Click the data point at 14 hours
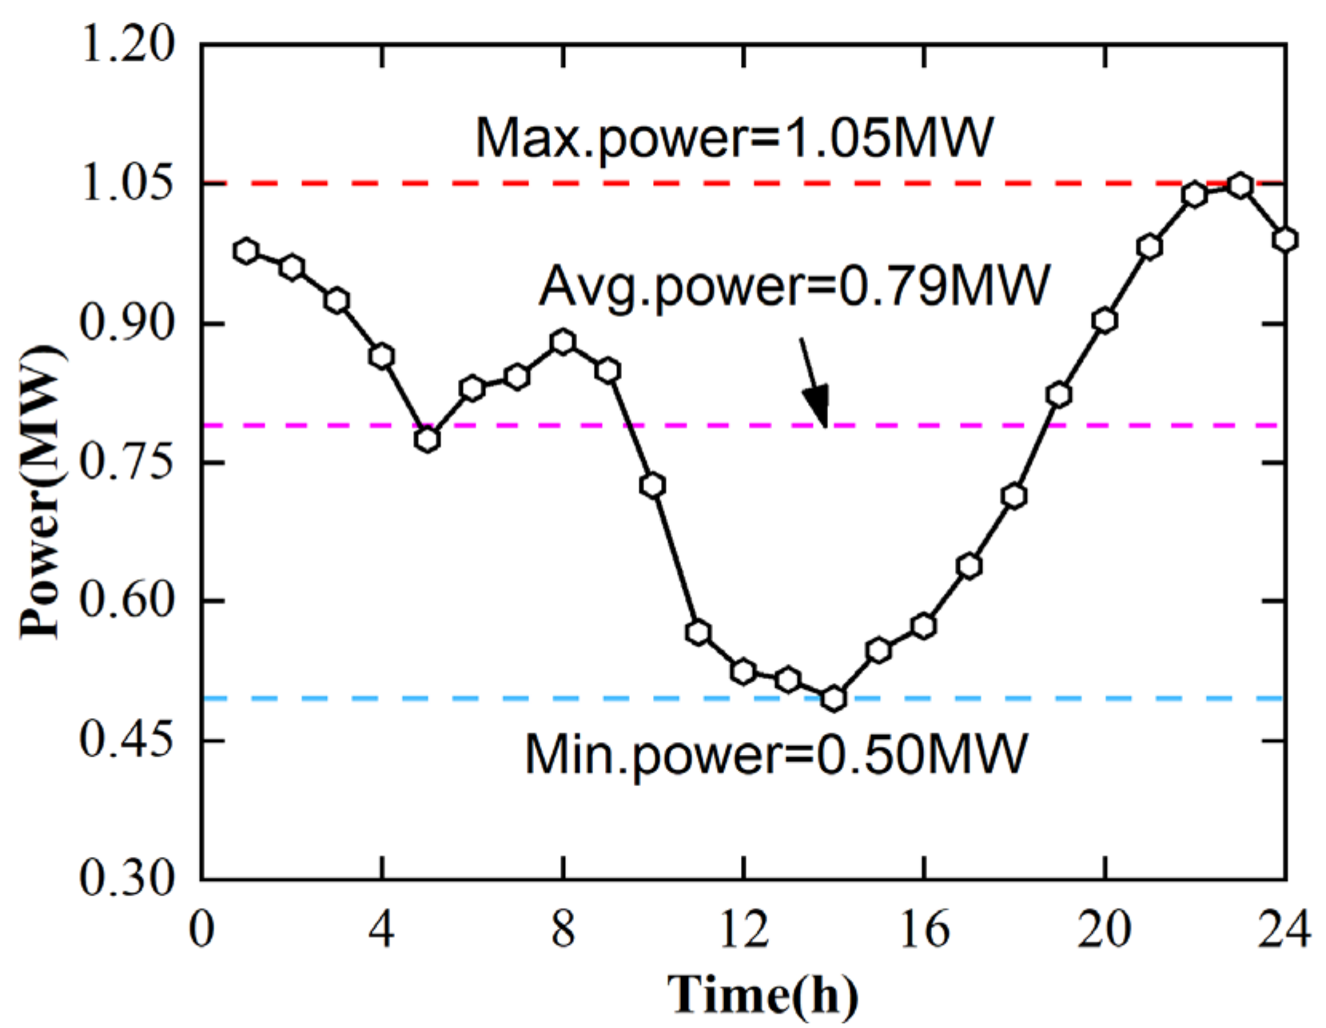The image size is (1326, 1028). (834, 698)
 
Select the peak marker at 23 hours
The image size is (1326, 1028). (1240, 186)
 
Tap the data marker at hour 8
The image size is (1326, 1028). (563, 343)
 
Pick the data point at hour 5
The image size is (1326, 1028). (428, 439)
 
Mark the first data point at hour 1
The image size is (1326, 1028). (246, 251)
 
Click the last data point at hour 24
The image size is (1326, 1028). (1284, 240)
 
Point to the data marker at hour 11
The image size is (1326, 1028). (698, 633)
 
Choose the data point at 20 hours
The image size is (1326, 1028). (1105, 320)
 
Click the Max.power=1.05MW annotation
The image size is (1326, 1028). (734, 137)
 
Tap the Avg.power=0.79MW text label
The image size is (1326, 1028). (793, 286)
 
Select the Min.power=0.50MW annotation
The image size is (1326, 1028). (775, 754)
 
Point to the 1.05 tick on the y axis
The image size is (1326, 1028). (126, 183)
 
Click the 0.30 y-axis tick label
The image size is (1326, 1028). (126, 878)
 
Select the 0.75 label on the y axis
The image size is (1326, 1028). (126, 462)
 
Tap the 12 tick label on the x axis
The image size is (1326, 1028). (743, 930)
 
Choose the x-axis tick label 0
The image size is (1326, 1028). (201, 930)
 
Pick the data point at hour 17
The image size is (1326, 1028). (969, 566)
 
